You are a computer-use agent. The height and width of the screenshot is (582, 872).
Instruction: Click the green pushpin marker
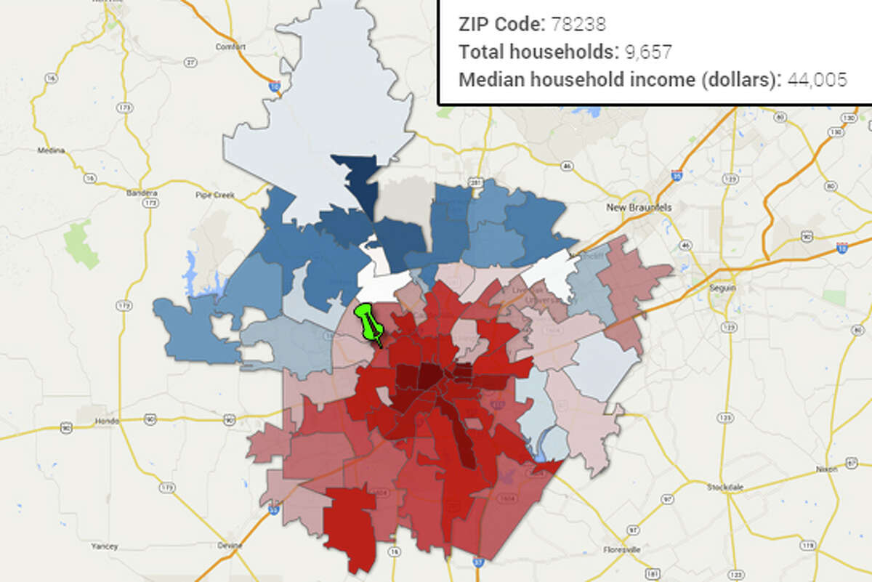coord(368,323)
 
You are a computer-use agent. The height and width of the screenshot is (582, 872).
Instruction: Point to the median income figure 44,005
coord(816,80)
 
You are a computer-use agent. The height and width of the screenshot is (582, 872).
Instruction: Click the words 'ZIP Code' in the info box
coord(500,24)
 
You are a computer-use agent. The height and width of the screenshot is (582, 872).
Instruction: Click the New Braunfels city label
coord(639,207)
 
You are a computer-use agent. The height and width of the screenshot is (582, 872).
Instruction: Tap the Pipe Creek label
coord(212,195)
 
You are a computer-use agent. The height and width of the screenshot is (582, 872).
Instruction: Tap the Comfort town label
coord(226,47)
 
